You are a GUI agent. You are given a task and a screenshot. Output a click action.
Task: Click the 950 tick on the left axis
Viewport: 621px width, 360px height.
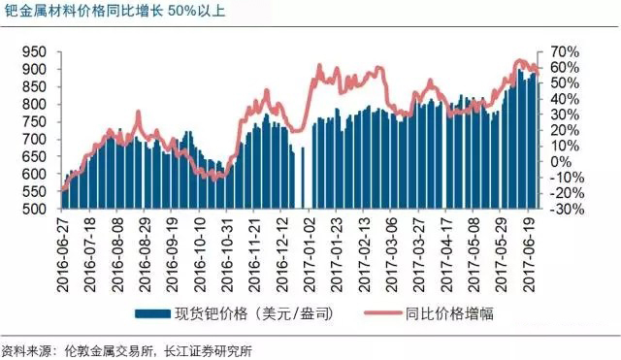click(x=35, y=51)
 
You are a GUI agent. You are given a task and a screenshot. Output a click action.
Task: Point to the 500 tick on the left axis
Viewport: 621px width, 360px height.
click(x=35, y=209)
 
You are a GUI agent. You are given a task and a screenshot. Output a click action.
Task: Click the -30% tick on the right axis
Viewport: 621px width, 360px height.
click(x=566, y=209)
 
